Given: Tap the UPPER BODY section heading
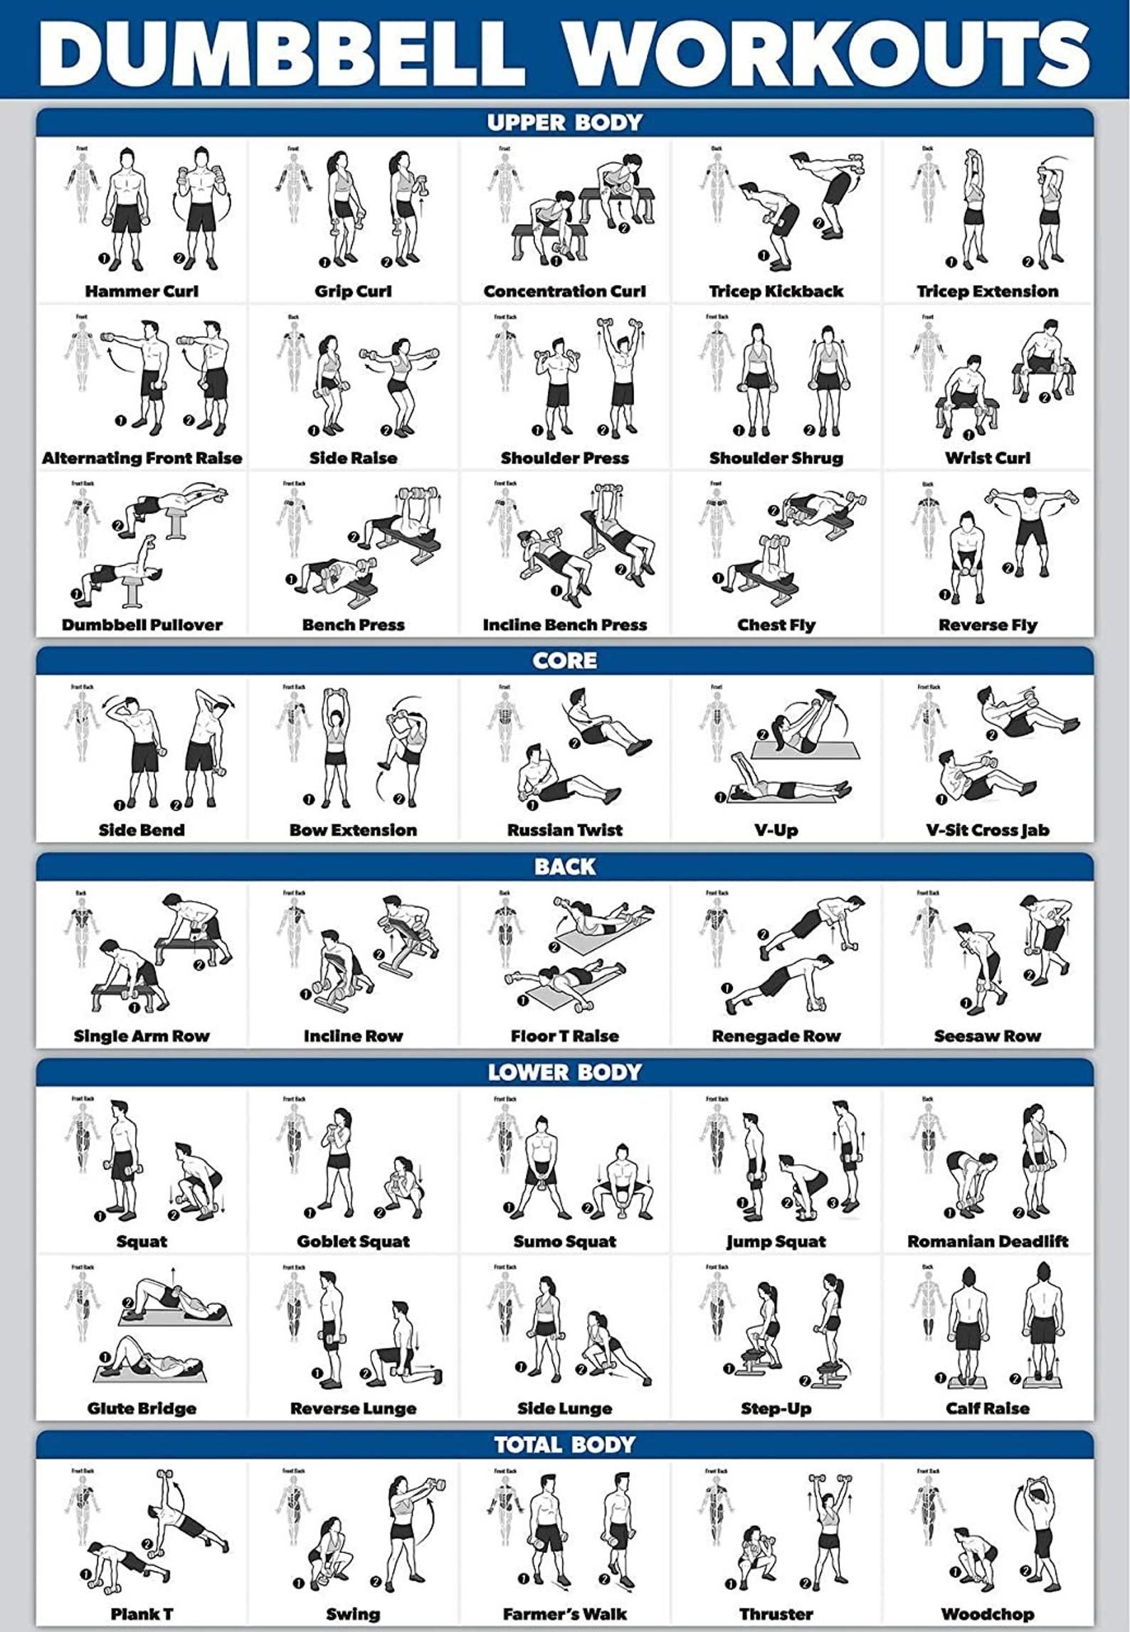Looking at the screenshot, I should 564,123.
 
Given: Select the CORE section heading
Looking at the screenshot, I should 564,661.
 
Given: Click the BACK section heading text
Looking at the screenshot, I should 564,866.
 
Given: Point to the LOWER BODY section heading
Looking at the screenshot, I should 564,1072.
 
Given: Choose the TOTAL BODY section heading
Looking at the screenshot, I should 564,1444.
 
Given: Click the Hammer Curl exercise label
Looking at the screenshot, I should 142,291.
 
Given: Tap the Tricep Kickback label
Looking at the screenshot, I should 776,291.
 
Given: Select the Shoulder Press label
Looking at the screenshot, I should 564,458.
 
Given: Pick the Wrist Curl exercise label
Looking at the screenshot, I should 987,458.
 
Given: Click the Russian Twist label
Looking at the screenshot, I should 564,830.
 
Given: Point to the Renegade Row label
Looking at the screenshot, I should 776,1036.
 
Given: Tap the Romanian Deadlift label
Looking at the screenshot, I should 987,1242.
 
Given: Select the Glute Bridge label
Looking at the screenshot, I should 142,1409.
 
